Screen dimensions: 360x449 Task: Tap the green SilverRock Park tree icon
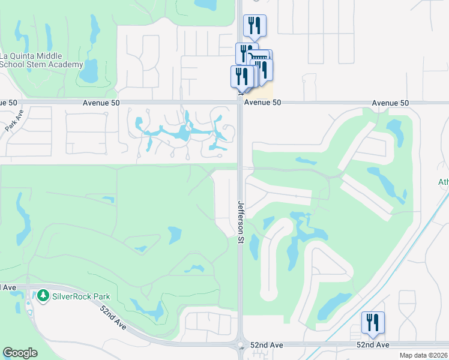43,296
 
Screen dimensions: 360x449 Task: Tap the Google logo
20,353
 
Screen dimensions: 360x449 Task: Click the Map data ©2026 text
424,355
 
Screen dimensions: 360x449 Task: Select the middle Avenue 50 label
262,103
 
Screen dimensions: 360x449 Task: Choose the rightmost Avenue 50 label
390,103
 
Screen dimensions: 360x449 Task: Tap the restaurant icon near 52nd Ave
373,323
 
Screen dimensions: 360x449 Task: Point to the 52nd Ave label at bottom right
373,345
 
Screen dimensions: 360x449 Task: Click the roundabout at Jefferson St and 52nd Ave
241,346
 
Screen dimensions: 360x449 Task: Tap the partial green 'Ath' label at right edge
444,182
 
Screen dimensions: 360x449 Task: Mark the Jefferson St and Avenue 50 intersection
240,103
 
